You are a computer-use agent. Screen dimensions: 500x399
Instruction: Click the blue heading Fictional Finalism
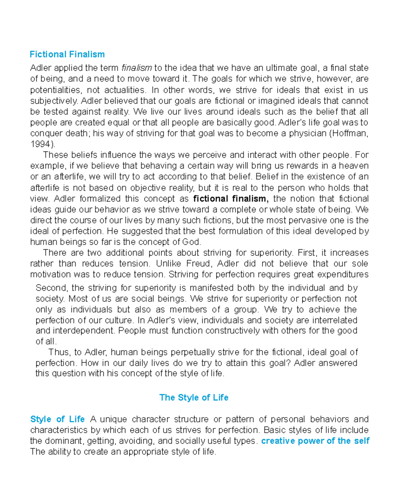(67, 54)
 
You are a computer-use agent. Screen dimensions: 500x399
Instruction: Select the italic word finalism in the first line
(137, 68)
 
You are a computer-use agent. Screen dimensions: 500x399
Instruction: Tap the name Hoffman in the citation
(350, 133)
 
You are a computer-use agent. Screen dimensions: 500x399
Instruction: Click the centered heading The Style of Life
(194, 398)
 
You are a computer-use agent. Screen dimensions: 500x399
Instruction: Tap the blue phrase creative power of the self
(315, 441)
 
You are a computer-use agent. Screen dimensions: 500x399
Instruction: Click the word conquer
(46, 133)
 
